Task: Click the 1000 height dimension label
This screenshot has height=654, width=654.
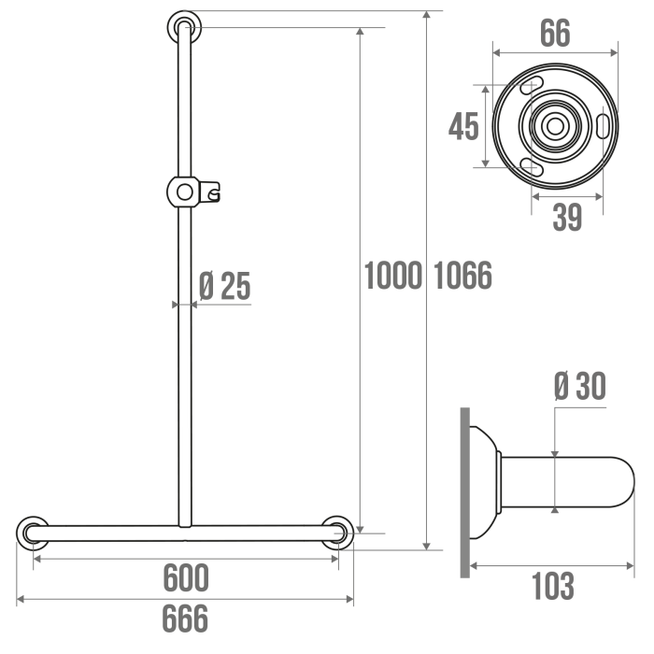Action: click(393, 276)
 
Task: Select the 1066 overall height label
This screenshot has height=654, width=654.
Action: click(463, 276)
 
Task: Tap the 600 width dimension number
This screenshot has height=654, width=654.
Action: click(186, 577)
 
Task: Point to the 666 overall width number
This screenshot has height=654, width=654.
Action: click(185, 618)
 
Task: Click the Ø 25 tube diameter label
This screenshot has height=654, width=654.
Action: click(225, 286)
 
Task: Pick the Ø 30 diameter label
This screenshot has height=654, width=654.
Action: click(580, 386)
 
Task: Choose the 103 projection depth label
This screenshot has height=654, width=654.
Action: click(553, 586)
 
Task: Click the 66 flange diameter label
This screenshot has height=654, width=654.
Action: click(555, 33)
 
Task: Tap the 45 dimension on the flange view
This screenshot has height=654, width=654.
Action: click(463, 126)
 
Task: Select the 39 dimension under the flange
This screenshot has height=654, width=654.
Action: click(567, 217)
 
